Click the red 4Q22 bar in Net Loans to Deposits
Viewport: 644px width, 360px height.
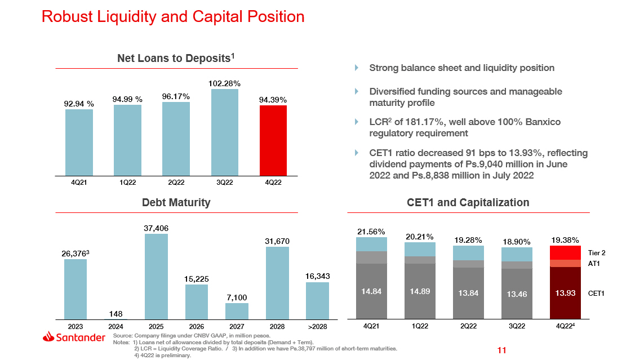click(x=273, y=140)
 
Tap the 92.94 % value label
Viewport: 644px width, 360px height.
click(x=79, y=104)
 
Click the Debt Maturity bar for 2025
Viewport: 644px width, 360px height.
click(x=156, y=277)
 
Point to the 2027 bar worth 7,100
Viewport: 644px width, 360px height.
click(x=237, y=312)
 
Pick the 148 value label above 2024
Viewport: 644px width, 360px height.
click(x=116, y=313)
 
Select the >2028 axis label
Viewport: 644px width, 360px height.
click(x=317, y=327)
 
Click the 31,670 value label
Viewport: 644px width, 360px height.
click(x=277, y=241)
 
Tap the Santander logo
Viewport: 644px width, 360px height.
click(x=74, y=337)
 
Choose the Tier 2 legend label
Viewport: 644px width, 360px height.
click(x=597, y=253)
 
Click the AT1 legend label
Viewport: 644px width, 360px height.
click(x=594, y=264)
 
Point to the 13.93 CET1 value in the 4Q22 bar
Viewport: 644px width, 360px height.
click(x=565, y=293)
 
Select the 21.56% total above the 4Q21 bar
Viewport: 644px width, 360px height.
click(x=371, y=232)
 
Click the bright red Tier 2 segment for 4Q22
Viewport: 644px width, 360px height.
click(x=565, y=252)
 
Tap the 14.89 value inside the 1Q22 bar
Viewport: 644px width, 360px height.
click(x=420, y=291)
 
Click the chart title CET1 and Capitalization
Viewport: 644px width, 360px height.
click(x=468, y=202)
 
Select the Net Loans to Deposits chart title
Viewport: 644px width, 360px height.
click(x=176, y=58)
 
